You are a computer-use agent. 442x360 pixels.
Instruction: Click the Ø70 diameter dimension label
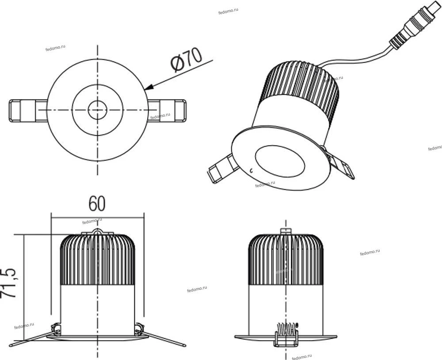(187, 60)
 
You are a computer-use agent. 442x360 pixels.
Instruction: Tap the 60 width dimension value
(97, 203)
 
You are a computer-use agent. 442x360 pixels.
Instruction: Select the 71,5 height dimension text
(8, 283)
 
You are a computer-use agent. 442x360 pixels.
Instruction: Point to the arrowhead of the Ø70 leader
(149, 87)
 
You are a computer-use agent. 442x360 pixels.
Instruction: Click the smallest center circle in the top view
(98, 110)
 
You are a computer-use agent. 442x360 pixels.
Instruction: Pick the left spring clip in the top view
(28, 111)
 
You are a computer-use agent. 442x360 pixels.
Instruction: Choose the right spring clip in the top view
(167, 111)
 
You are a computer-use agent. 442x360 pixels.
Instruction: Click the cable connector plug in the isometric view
(415, 25)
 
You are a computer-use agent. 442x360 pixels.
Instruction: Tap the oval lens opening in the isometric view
(280, 161)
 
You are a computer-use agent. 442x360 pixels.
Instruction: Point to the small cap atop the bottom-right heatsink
(286, 231)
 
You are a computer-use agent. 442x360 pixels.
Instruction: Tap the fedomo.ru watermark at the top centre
(229, 11)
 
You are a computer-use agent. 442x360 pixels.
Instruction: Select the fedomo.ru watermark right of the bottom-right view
(370, 252)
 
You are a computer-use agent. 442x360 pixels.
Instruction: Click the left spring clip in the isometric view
(223, 168)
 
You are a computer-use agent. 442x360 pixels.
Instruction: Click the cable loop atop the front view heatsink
(98, 231)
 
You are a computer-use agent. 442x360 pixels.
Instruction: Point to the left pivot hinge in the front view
(56, 329)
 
